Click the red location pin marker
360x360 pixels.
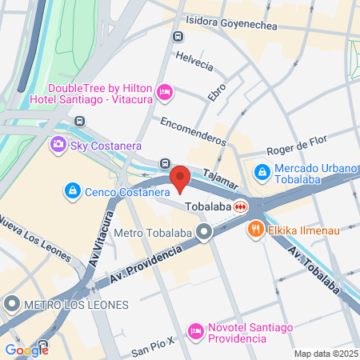click(180, 178)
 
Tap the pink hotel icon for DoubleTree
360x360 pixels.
click(165, 93)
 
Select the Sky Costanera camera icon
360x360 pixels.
click(58, 145)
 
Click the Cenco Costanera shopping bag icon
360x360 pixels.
click(73, 191)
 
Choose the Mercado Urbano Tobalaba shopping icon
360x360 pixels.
click(262, 171)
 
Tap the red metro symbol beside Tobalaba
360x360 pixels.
click(240, 206)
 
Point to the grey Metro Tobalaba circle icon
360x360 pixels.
click(205, 234)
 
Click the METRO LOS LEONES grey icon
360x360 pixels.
click(12, 304)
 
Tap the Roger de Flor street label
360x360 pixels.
click(297, 142)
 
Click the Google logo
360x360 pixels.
click(27, 350)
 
